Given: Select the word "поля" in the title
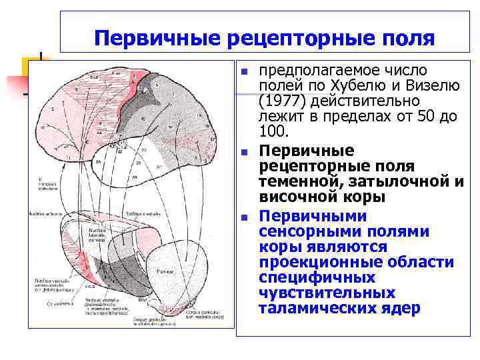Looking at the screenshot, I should click(407, 38).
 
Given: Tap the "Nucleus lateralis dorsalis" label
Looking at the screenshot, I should click(100, 233).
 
